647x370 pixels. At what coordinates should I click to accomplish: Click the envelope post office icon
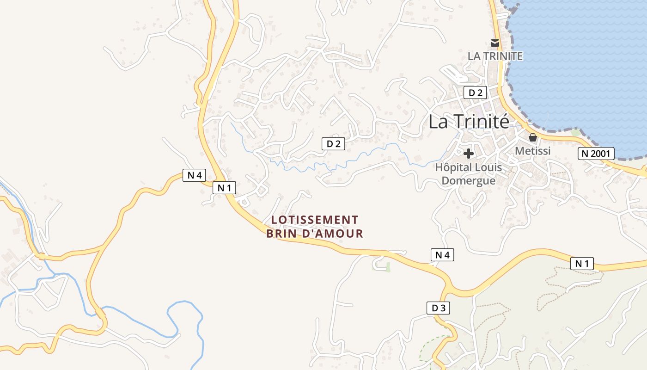click(495, 43)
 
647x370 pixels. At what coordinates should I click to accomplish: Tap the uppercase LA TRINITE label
click(495, 56)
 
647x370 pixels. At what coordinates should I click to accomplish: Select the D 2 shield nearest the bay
click(475, 92)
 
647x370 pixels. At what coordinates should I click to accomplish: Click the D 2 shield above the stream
click(333, 144)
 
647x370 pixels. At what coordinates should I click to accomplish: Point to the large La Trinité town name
click(469, 122)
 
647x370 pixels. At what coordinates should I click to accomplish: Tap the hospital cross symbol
click(469, 154)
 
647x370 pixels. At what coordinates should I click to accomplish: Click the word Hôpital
click(454, 167)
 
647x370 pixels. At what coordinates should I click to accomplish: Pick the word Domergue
click(469, 180)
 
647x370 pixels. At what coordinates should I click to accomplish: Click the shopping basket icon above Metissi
click(532, 137)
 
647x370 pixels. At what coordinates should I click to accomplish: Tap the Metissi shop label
click(532, 151)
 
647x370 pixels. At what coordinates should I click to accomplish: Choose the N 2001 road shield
click(596, 154)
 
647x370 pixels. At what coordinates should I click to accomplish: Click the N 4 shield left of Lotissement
click(194, 175)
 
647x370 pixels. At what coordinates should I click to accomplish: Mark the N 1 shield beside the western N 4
click(224, 188)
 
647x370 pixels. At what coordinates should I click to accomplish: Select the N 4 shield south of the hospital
click(442, 254)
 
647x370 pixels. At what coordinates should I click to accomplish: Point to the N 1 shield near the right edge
click(582, 264)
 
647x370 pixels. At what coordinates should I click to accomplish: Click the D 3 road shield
click(438, 308)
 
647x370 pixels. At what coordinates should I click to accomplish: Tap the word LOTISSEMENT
click(315, 220)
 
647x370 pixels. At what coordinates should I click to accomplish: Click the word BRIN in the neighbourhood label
click(281, 234)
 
